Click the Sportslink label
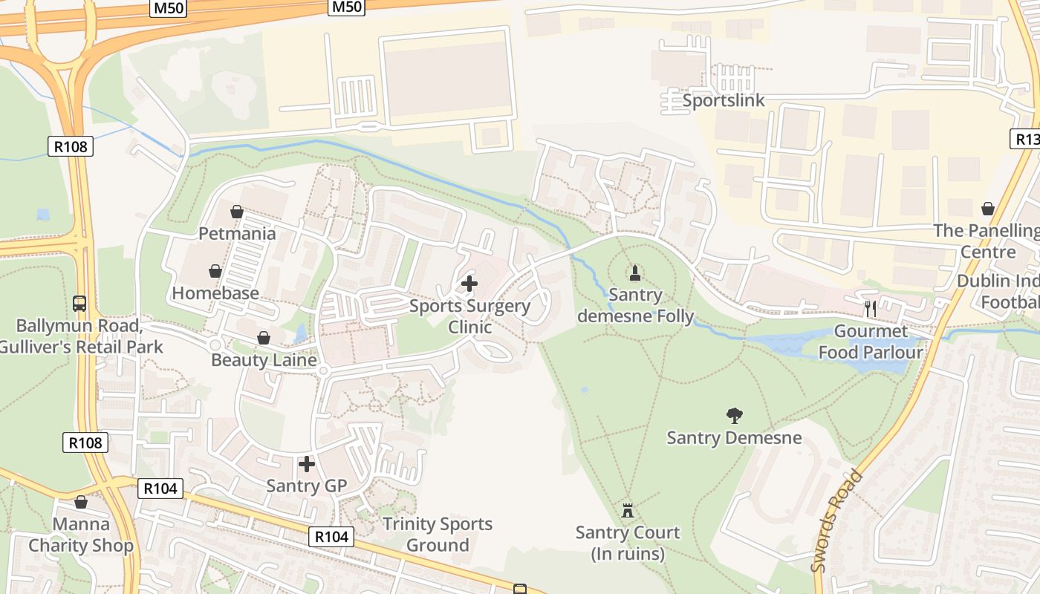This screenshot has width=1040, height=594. click(x=723, y=100)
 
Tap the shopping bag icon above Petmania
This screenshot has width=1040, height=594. click(x=237, y=212)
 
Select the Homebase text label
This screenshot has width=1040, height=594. click(x=215, y=293)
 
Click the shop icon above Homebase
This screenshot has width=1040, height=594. click(x=215, y=271)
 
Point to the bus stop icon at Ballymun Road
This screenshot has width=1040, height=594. click(x=79, y=304)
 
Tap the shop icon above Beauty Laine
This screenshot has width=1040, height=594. click(x=264, y=339)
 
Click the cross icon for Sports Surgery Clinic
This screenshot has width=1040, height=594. click(x=469, y=284)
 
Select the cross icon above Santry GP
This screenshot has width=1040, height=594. click(x=307, y=465)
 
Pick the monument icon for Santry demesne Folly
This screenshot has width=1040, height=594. click(x=635, y=273)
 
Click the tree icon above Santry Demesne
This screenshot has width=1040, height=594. click(x=735, y=416)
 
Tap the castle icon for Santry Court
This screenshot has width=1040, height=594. click(x=628, y=511)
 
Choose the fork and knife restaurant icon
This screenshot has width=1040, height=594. click(x=871, y=309)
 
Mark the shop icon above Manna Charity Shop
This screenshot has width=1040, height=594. click(x=81, y=503)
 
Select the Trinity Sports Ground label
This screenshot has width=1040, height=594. click(x=438, y=535)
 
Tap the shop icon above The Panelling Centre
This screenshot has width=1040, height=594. click(x=988, y=209)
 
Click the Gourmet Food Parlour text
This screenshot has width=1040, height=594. click(x=871, y=342)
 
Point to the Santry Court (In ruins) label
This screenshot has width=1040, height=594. click(x=628, y=543)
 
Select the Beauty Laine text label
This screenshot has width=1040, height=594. click(x=264, y=360)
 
